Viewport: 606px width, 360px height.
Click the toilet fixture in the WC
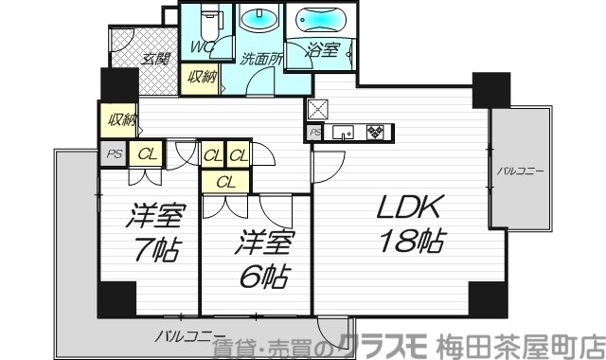coord(212,19)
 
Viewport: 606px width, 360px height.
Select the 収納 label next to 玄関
coord(200,78)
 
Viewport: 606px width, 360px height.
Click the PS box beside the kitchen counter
coord(314,134)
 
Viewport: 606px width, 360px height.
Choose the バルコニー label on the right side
coord(519,171)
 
